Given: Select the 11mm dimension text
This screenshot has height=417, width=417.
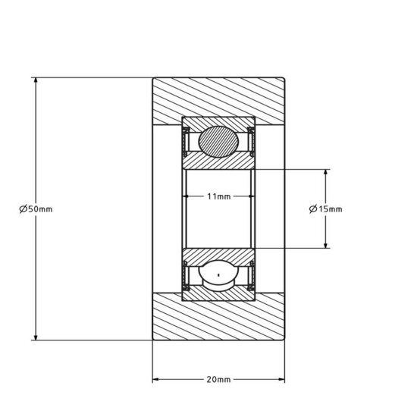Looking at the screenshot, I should pyautogui.click(x=218, y=197).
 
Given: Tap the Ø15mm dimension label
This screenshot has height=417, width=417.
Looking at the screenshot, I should pyautogui.click(x=326, y=208).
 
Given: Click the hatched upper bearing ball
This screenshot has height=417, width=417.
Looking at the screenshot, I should pyautogui.click(x=218, y=142).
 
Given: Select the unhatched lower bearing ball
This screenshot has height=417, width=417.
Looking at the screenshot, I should pyautogui.click(x=218, y=275).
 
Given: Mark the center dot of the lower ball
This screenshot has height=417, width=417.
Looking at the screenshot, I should pyautogui.click(x=218, y=274).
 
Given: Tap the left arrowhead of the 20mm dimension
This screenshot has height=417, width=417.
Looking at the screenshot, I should pyautogui.click(x=157, y=379).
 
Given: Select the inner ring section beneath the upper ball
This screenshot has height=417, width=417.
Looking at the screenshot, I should pyautogui.click(x=218, y=162).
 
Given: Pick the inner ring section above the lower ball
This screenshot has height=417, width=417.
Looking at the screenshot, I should pyautogui.click(x=218, y=254).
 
